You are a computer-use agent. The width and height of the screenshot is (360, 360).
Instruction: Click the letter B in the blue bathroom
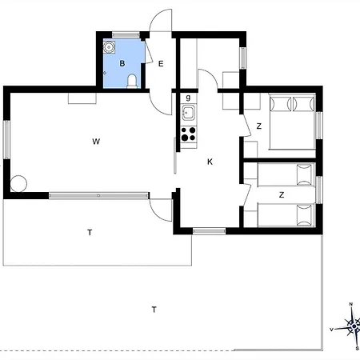pos(122,62)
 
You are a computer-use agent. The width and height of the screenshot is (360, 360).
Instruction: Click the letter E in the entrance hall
pos(160,63)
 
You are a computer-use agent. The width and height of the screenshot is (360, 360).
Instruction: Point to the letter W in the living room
pos(95,142)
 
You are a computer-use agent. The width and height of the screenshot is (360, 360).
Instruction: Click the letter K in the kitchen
pos(210,162)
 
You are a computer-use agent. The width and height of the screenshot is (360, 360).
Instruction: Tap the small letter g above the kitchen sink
pos(188,98)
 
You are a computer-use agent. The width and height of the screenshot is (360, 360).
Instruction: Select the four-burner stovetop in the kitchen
pos(189,134)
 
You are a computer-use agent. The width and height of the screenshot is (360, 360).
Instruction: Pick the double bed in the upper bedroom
pos(290,122)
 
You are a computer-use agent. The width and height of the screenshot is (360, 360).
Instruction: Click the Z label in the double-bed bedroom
pos(258,126)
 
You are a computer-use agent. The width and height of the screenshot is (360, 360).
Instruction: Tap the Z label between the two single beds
pos(281,194)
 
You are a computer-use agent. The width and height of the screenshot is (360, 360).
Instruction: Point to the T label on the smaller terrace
pos(90,232)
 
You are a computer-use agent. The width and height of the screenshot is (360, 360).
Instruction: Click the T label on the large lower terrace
pos(154,309)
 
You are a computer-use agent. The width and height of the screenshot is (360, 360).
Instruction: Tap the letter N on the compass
pos(351,305)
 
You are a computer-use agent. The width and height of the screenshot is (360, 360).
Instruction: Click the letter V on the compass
pos(332,329)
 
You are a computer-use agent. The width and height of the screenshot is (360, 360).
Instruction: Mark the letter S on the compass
pos(356,350)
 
